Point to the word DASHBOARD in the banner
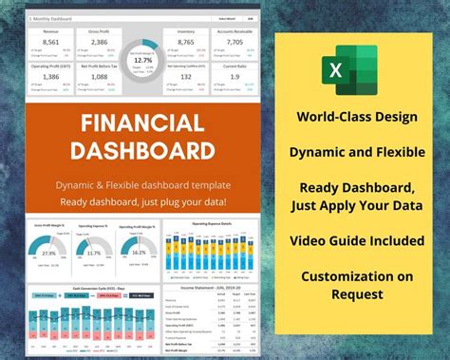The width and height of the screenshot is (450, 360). [x=142, y=151]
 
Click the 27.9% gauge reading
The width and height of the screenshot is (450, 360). [x=49, y=254]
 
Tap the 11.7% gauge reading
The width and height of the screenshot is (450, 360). [x=93, y=254]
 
